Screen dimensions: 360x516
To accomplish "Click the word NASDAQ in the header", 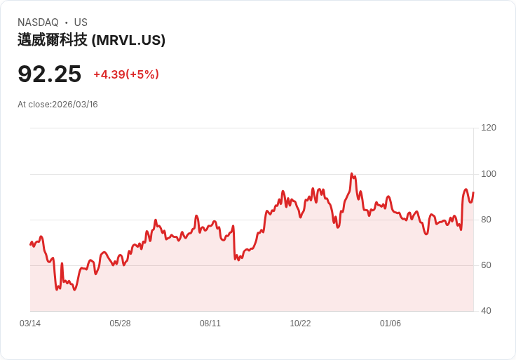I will coord(38,22).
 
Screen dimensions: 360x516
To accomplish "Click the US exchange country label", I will coord(81,22).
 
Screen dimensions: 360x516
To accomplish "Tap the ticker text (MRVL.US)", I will coord(128,40).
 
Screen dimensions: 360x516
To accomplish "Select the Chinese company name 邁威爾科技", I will coord(53,40).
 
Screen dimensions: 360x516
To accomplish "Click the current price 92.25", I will coord(49,74).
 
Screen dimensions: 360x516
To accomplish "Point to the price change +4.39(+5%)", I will coord(126,74).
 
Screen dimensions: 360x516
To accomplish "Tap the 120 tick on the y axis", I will coord(489,128).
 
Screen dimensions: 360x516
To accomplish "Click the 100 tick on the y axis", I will coord(489,174).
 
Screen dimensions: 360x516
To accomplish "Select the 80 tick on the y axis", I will coord(486,220).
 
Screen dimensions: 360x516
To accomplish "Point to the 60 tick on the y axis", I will coord(486,265).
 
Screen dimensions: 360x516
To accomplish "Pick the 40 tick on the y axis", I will coord(486,311).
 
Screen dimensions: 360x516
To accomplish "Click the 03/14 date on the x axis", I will coord(30,324).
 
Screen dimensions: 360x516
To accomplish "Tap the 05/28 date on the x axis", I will coord(120,324).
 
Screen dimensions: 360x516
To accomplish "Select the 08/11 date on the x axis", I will coord(210,324).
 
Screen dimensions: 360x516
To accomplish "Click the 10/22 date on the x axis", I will coord(300,324).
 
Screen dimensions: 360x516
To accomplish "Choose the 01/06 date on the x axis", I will coord(391,324).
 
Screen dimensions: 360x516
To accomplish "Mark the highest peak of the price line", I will coord(351,174).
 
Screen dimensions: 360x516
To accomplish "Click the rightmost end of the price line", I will coord(473,192).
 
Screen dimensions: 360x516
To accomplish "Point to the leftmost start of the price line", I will coord(30,244).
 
